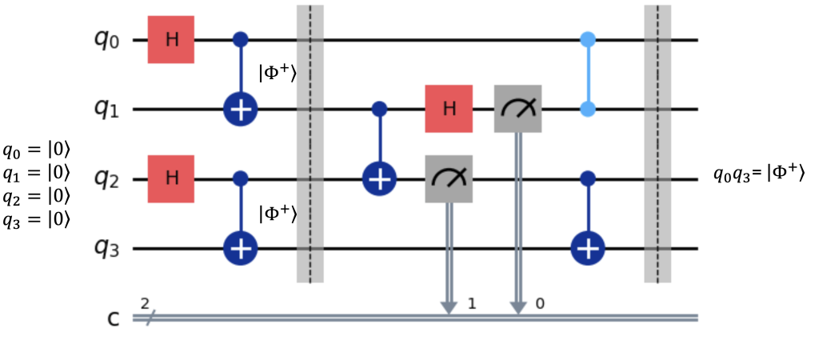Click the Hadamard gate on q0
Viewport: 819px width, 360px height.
coord(171,40)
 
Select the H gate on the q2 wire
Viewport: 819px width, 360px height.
coord(171,179)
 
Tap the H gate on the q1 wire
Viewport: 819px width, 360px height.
coord(449,109)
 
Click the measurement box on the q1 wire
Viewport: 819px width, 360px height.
coord(517,109)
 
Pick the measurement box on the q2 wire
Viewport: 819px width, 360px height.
coord(449,179)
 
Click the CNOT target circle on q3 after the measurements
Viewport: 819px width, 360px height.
coord(588,250)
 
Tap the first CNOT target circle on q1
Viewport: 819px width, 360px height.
coord(240,110)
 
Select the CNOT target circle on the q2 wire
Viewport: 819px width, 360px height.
coord(379,179)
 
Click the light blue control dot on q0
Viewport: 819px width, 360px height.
coord(588,39)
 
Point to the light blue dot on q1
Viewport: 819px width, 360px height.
coord(588,110)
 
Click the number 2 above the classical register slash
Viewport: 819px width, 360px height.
coord(145,302)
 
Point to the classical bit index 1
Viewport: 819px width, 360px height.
coord(471,303)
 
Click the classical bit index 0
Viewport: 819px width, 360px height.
coord(541,303)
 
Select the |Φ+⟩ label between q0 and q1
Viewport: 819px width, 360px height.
coord(278,74)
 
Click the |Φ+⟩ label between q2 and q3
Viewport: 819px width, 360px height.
coord(278,214)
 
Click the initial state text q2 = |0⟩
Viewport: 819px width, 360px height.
coord(36,197)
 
